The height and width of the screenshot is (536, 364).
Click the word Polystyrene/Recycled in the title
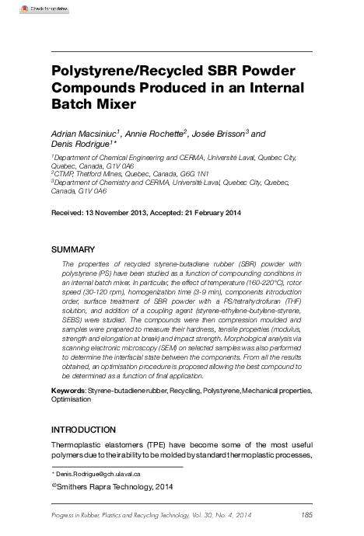117,69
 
